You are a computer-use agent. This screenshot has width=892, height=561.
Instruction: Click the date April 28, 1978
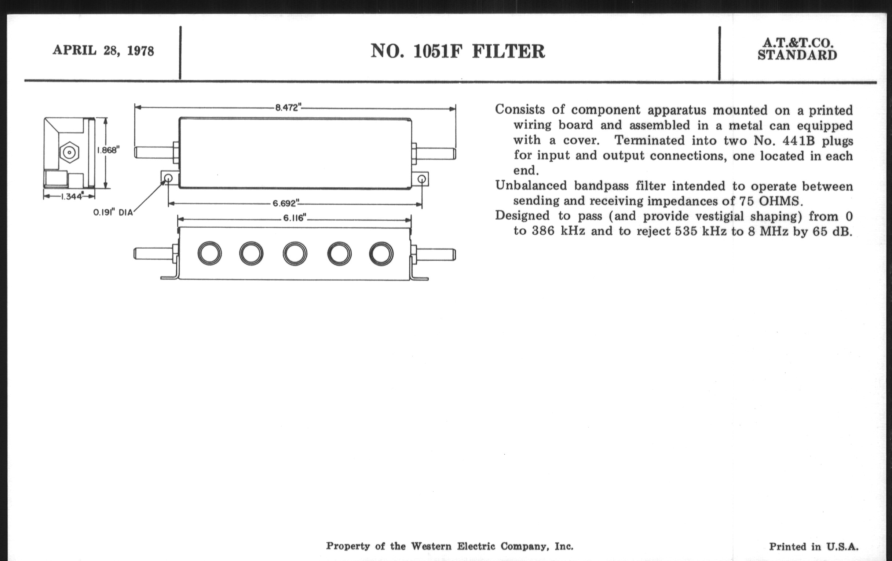point(103,50)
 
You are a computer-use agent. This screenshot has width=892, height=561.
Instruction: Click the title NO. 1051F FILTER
point(458,51)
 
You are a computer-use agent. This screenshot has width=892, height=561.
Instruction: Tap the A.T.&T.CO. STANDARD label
point(797,49)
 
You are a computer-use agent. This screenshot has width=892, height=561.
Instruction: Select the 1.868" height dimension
point(108,150)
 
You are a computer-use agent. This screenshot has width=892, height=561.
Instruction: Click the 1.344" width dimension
point(72,196)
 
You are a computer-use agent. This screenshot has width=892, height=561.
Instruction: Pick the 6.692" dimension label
point(286,203)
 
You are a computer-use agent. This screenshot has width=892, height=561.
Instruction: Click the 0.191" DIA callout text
point(113,213)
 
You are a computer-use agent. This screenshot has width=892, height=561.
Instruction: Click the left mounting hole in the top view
point(168,179)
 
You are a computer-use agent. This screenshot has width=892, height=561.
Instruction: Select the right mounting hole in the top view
point(421,180)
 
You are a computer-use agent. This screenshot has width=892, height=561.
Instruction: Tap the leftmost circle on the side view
point(210,254)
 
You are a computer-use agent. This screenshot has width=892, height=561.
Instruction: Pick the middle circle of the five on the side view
point(295,254)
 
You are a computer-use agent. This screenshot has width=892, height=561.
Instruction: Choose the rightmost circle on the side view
point(381,254)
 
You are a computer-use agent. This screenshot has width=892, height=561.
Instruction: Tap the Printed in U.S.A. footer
point(814,547)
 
